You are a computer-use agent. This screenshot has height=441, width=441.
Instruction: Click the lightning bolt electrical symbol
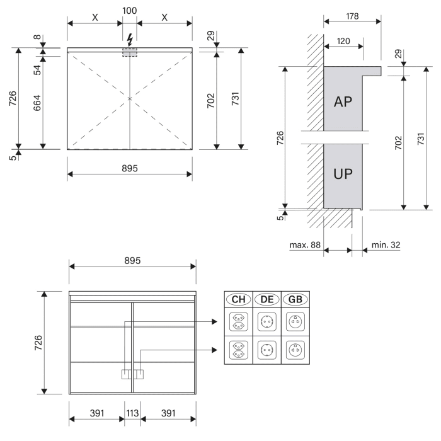(130, 40)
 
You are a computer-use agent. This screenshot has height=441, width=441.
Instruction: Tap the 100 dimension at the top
(129, 11)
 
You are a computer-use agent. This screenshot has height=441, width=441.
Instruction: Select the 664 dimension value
(37, 103)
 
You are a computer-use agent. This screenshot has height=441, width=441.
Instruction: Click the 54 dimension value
(37, 70)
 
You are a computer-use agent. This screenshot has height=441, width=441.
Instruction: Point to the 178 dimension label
(352, 16)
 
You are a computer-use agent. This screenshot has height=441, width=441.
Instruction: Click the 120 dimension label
(343, 41)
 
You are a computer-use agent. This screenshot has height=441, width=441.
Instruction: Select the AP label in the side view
(343, 101)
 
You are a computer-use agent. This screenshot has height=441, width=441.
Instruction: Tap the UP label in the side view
(343, 174)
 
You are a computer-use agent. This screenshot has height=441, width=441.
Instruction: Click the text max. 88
(305, 245)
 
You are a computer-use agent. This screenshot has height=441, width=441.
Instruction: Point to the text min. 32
(386, 245)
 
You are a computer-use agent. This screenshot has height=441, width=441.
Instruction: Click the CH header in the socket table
(239, 299)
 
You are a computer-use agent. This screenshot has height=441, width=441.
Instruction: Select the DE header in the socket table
(267, 299)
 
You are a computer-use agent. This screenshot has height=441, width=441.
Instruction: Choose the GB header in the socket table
(295, 299)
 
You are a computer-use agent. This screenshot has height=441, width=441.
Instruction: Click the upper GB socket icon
(295, 321)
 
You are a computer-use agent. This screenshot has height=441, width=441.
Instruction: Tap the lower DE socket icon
(267, 350)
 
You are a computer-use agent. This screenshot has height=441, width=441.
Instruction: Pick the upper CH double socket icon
(239, 321)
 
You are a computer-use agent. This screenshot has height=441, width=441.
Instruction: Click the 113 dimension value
(132, 413)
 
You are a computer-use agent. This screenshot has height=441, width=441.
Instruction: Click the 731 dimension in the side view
(420, 139)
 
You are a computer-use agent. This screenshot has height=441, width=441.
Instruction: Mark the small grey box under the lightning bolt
(130, 52)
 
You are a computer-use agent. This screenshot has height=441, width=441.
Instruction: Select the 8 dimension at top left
(37, 37)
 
